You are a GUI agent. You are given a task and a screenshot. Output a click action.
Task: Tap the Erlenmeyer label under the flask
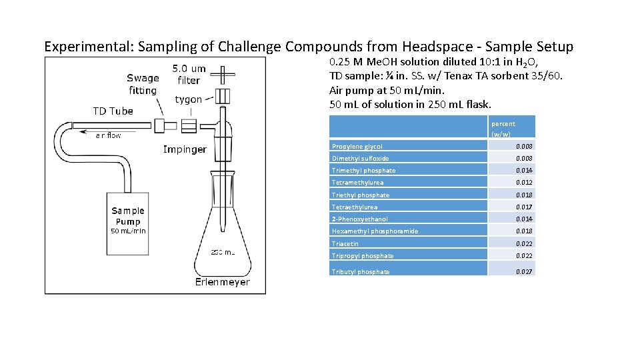pos(223,282)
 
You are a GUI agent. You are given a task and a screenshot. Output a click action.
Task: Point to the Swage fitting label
pos(143,84)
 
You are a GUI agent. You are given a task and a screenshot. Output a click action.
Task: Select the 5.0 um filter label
pos(189,74)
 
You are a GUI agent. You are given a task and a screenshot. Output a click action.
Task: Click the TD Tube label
pos(113,111)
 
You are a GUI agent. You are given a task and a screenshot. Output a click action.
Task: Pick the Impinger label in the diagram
pos(185,149)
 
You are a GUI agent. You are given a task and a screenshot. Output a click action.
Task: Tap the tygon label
pos(189,99)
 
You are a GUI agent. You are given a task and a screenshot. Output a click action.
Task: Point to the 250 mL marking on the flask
pos(223,252)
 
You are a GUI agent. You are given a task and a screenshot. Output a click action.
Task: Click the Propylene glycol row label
pos(357,146)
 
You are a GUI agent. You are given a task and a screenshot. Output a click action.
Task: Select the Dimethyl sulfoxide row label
pos(361,159)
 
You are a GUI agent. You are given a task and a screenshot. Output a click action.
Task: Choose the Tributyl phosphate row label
pos(361,271)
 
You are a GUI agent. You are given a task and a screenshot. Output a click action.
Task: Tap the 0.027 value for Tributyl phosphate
pos(524,271)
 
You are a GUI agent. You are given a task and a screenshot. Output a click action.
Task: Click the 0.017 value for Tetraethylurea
pos(524,207)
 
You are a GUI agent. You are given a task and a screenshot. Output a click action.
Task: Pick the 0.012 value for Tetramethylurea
pos(524,182)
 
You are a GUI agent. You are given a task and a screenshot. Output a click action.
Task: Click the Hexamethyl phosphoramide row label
pos(375,231)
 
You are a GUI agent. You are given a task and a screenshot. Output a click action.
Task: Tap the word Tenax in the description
pos(475,75)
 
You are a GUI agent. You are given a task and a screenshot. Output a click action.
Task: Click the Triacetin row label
pos(345,243)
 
